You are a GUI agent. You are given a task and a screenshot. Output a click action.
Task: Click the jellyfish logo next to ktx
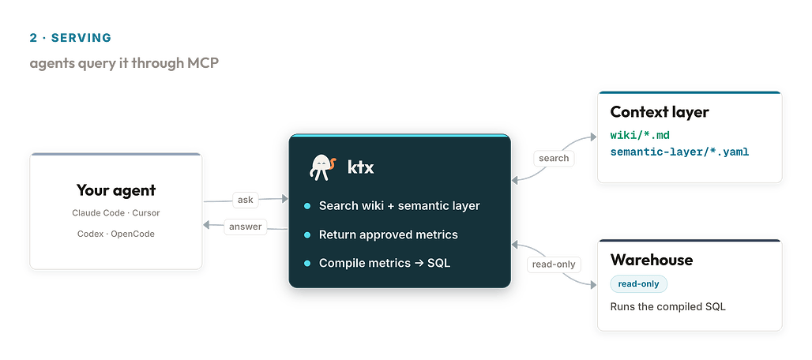click(322, 167)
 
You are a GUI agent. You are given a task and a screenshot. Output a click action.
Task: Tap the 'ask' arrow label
click(245, 200)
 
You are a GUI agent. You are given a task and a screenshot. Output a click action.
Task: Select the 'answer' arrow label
click(246, 226)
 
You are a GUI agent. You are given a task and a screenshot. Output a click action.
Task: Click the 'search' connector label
click(554, 158)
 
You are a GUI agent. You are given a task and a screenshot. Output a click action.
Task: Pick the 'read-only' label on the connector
click(554, 264)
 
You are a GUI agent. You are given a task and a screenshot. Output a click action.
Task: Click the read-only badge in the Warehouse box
click(638, 284)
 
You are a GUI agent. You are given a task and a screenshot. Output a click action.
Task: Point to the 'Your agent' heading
click(116, 190)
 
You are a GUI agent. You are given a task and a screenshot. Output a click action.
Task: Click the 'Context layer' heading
click(660, 112)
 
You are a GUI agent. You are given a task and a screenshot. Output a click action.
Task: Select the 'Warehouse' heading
click(652, 260)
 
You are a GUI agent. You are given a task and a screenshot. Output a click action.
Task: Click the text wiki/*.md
click(640, 136)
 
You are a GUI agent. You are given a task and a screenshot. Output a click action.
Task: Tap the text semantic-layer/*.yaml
click(679, 152)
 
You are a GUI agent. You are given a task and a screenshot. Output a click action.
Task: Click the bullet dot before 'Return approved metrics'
click(307, 234)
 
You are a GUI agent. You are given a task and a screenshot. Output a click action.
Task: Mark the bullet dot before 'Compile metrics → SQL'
click(307, 263)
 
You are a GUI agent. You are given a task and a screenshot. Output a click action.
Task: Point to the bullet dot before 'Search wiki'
click(307, 206)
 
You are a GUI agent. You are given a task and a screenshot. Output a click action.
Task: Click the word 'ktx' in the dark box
click(360, 167)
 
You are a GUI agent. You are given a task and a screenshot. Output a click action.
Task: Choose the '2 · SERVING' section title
click(70, 38)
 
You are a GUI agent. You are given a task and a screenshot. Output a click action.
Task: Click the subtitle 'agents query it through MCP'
click(124, 63)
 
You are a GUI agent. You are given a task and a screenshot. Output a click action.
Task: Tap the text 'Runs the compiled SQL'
click(668, 307)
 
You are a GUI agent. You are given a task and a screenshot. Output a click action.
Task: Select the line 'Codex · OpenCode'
click(116, 234)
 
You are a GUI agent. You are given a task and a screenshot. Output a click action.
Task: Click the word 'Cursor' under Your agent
click(146, 213)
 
